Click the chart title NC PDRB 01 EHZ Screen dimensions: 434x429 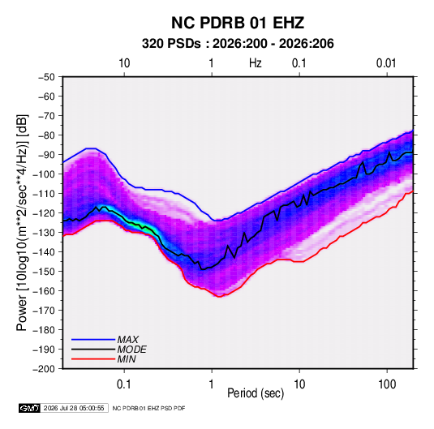pyautogui.click(x=238, y=23)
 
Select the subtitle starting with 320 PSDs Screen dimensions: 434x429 pyautogui.click(x=238, y=44)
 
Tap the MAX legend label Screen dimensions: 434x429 pyautogui.click(x=128, y=339)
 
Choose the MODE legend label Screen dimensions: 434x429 pyautogui.click(x=131, y=350)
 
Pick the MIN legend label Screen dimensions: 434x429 pyautogui.click(x=127, y=359)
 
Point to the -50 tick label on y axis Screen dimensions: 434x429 pyautogui.click(x=46, y=77)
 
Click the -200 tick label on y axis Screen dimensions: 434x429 pyautogui.click(x=44, y=369)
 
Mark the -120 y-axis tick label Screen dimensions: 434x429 pyautogui.click(x=44, y=213)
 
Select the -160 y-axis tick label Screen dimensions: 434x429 pyautogui.click(x=44, y=291)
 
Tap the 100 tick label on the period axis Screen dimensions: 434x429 pyautogui.click(x=387, y=384)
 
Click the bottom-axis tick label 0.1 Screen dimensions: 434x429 pyautogui.click(x=124, y=384)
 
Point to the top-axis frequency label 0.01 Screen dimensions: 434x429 pyautogui.click(x=386, y=63)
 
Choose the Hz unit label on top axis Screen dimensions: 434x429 pyautogui.click(x=256, y=63)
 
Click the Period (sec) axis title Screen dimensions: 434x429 pyautogui.click(x=256, y=393)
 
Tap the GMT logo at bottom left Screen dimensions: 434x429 pyautogui.click(x=29, y=408)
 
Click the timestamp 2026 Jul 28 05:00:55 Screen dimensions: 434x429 pyautogui.click(x=74, y=408)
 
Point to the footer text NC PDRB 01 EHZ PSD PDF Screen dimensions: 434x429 pyautogui.click(x=149, y=408)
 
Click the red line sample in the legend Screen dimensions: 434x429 pyautogui.click(x=93, y=359)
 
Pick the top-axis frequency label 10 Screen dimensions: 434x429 pyautogui.click(x=124, y=63)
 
